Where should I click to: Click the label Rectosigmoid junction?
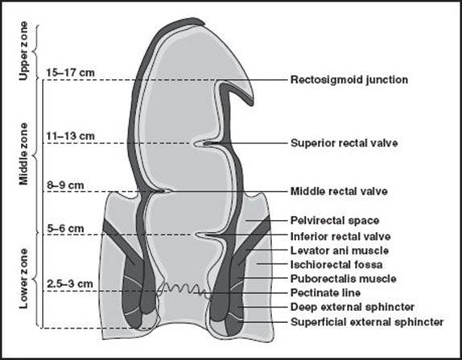pyautogui.click(x=349, y=80)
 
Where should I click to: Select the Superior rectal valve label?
pyautogui.click(x=344, y=143)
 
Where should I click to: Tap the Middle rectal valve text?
pyautogui.click(x=339, y=192)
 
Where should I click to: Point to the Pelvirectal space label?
pyautogui.click(x=335, y=221)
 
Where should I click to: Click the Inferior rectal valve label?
pyautogui.click(x=340, y=237)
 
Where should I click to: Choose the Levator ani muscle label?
pyautogui.click(x=340, y=250)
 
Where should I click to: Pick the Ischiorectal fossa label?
pyautogui.click(x=336, y=264)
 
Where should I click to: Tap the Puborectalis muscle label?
pyautogui.click(x=344, y=279)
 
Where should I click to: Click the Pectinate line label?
pyautogui.click(x=326, y=293)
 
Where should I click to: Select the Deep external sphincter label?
pyautogui.click(x=353, y=307)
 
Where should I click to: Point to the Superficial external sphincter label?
pyautogui.click(x=367, y=322)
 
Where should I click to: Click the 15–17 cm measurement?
pyautogui.click(x=71, y=72)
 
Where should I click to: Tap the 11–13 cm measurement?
pyautogui.click(x=71, y=136)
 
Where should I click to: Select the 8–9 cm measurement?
pyautogui.click(x=65, y=185)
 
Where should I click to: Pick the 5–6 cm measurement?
pyautogui.click(x=65, y=228)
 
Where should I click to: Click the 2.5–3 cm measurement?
pyautogui.click(x=70, y=283)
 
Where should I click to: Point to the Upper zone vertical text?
pyautogui.click(x=23, y=51)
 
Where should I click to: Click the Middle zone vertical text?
pyautogui.click(x=23, y=154)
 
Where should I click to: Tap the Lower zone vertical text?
pyautogui.click(x=23, y=279)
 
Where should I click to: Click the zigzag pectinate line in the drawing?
pyautogui.click(x=184, y=289)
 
